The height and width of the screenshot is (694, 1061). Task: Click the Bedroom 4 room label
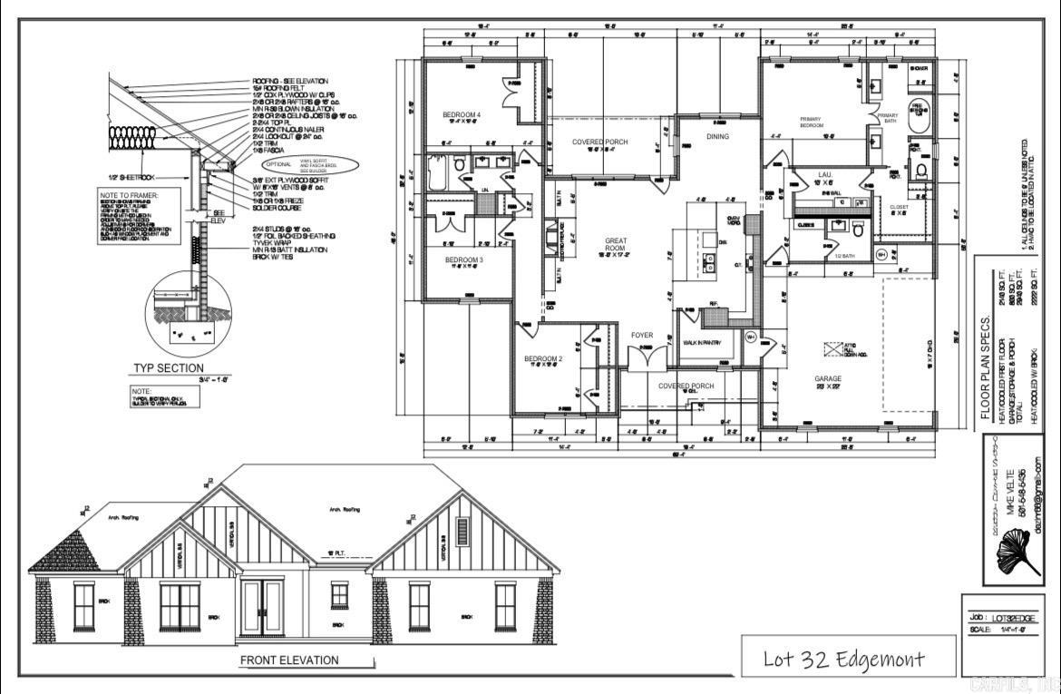(462, 115)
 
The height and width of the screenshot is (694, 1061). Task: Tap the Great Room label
(617, 241)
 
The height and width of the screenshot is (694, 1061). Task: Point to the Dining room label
(717, 137)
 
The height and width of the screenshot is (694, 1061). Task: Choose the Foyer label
(642, 336)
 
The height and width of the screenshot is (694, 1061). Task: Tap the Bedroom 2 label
(543, 359)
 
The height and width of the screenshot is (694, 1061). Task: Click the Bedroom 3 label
(462, 260)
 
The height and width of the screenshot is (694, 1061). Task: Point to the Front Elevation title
(289, 660)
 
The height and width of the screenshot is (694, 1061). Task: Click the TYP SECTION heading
(170, 368)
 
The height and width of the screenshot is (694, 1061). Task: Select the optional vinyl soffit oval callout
(310, 165)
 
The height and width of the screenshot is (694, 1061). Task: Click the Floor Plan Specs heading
(986, 369)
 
